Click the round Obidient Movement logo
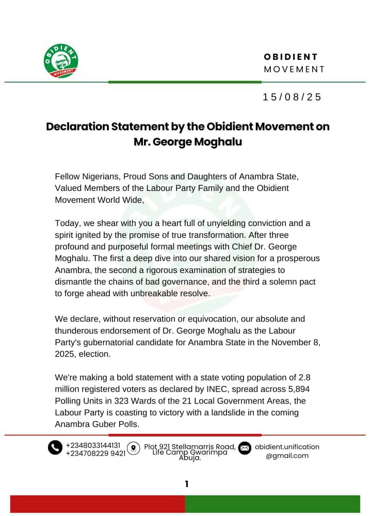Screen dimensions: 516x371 [x=61, y=61]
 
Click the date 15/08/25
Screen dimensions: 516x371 [x=292, y=97]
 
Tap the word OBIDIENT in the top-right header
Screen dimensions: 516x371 [x=291, y=57]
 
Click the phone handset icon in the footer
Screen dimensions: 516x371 [x=55, y=447]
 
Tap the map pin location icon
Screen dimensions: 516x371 [x=134, y=448]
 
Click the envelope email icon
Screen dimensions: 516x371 [x=245, y=448]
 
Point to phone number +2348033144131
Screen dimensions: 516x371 [x=93, y=445]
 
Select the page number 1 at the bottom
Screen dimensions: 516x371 [x=186, y=484]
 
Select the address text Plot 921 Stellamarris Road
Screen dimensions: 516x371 [x=190, y=446]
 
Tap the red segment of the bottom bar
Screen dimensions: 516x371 [x=98, y=504]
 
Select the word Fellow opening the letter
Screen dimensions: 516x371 [x=68, y=176]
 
